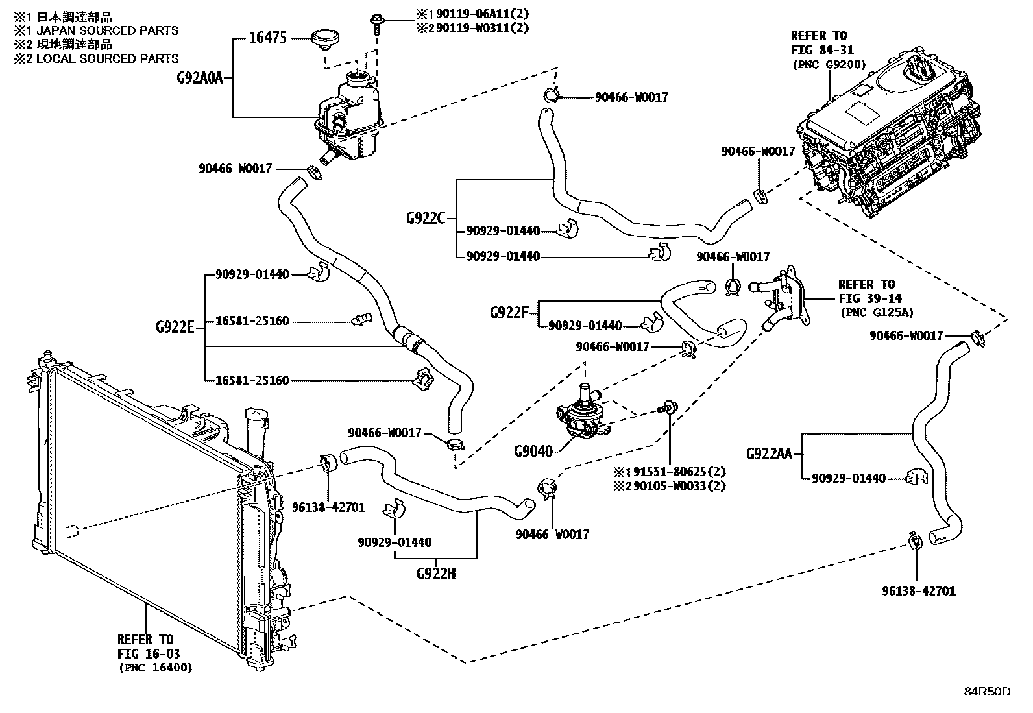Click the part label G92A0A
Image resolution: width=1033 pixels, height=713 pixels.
click(200, 78)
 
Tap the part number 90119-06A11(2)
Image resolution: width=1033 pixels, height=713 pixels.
click(482, 14)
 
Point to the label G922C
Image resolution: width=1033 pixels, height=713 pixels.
click(426, 218)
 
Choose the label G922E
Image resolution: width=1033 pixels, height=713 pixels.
click(175, 327)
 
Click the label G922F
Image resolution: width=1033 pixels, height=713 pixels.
click(509, 313)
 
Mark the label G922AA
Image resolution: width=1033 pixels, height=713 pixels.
click(769, 453)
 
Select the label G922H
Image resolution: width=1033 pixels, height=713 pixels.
click(436, 574)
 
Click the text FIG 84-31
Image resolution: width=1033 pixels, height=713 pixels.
click(822, 50)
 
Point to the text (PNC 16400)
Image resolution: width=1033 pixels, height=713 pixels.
click(156, 668)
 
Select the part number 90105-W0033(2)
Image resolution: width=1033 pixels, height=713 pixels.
click(679, 486)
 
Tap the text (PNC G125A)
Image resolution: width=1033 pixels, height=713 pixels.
click(876, 312)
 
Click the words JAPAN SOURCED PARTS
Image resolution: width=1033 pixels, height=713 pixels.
click(108, 31)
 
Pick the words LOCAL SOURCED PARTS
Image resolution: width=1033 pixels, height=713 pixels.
click(108, 58)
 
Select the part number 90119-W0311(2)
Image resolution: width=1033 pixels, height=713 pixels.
click(482, 28)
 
